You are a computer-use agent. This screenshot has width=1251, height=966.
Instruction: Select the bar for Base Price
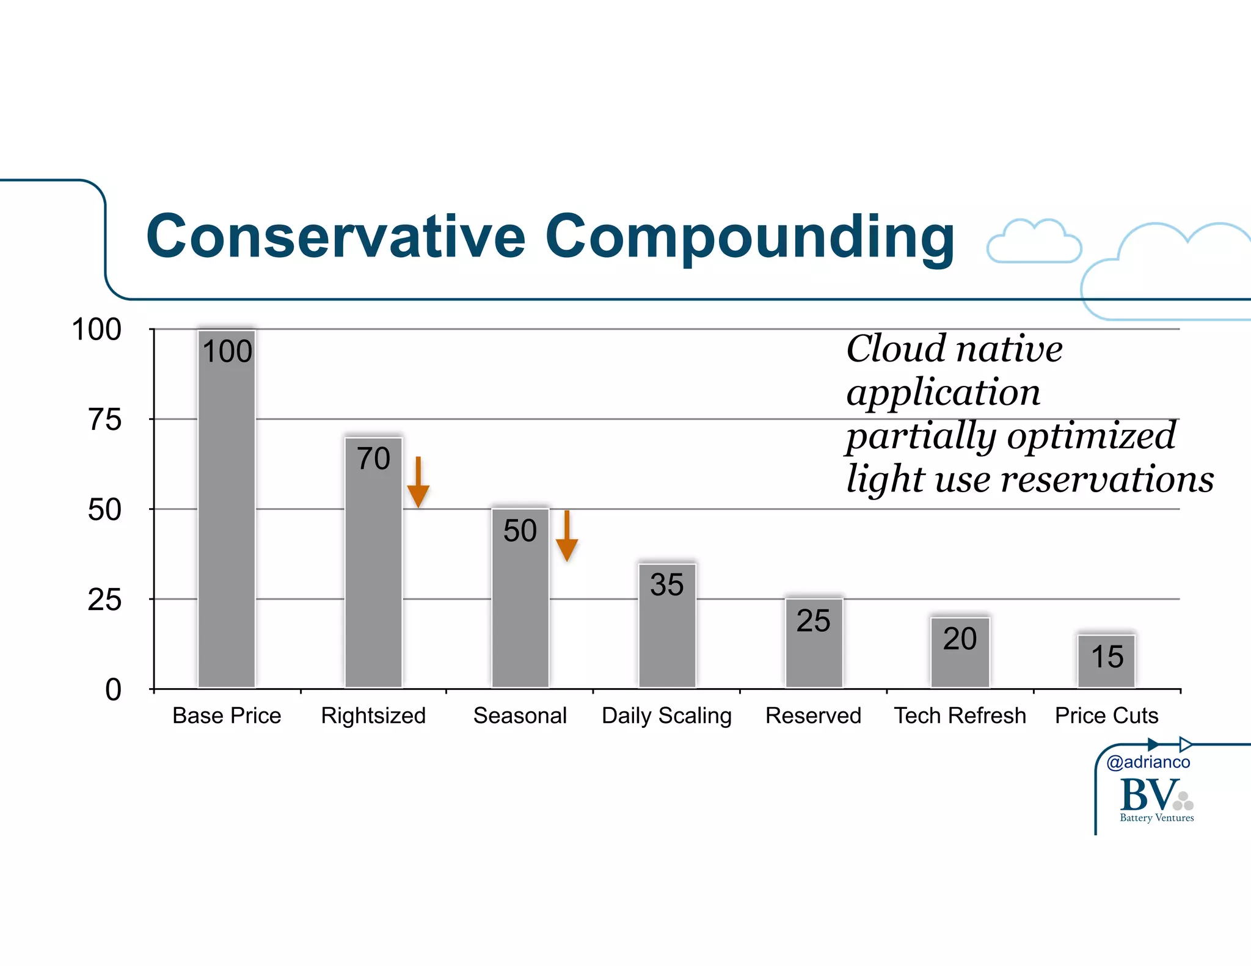pyautogui.click(x=227, y=519)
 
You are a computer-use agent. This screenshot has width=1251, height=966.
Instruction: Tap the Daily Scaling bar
pyautogui.click(x=666, y=635)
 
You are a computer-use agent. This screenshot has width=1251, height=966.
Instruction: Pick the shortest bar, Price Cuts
pyautogui.click(x=1106, y=666)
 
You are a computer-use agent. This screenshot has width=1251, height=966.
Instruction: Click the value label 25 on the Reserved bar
pyautogui.click(x=813, y=621)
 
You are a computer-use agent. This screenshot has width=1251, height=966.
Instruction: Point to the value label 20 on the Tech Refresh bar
pyautogui.click(x=960, y=639)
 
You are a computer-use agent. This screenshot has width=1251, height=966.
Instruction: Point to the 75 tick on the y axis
pyautogui.click(x=105, y=420)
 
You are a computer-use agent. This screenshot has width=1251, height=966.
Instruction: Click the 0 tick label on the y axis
pyautogui.click(x=113, y=690)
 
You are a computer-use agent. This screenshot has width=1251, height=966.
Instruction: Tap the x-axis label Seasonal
pyautogui.click(x=520, y=716)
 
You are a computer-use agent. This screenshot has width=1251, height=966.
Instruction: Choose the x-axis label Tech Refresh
pyautogui.click(x=960, y=716)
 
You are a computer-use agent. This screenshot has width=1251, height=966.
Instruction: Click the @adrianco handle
pyautogui.click(x=1148, y=762)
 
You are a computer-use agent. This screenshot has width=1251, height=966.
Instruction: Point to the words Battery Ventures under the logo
pyautogui.click(x=1156, y=818)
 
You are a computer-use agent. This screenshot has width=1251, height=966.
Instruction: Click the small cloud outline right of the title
pyautogui.click(x=1034, y=242)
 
